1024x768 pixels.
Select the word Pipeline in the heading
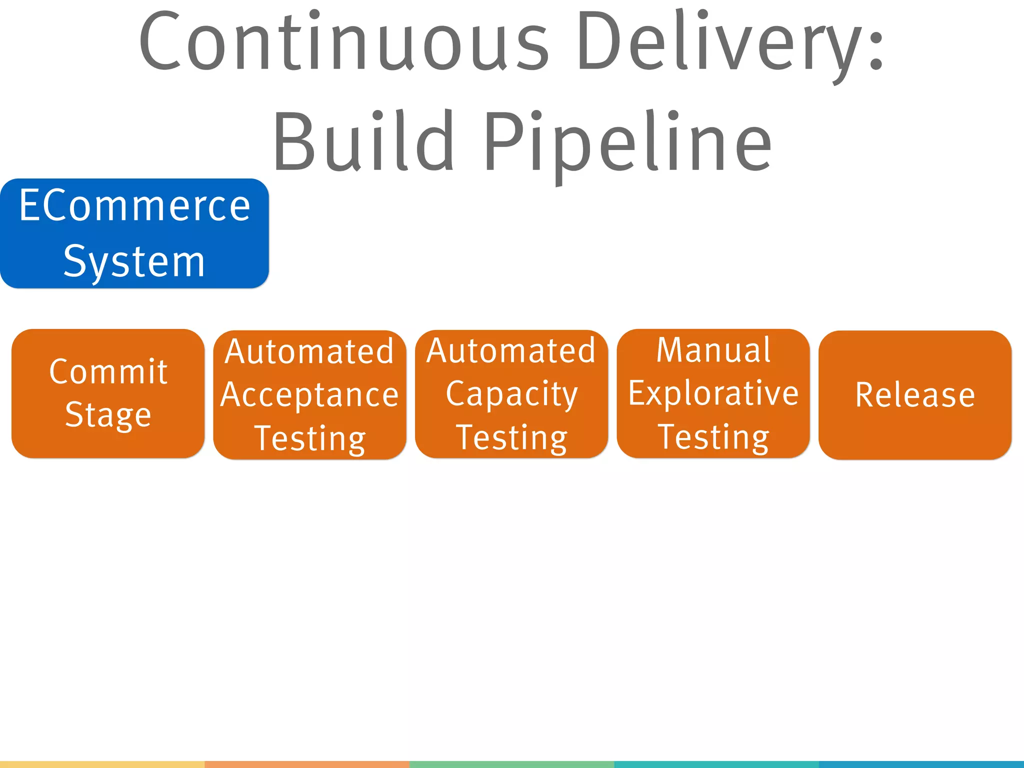click(627, 141)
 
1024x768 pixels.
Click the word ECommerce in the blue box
click(134, 206)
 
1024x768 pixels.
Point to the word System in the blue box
click(134, 261)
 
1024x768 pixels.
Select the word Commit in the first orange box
click(108, 372)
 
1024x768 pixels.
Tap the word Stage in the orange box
click(108, 415)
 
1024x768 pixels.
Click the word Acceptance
click(309, 395)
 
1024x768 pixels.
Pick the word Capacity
click(511, 394)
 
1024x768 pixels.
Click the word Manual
click(713, 350)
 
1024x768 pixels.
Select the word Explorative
click(713, 393)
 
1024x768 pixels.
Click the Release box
click(915, 395)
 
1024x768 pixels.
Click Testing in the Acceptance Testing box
click(309, 438)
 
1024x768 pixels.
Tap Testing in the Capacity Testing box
click(511, 437)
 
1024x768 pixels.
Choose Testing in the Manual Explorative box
click(713, 437)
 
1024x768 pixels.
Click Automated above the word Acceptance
click(309, 351)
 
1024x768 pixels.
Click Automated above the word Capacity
click(511, 350)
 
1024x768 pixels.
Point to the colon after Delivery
click(876, 50)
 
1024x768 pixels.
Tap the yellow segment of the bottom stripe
click(102, 764)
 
